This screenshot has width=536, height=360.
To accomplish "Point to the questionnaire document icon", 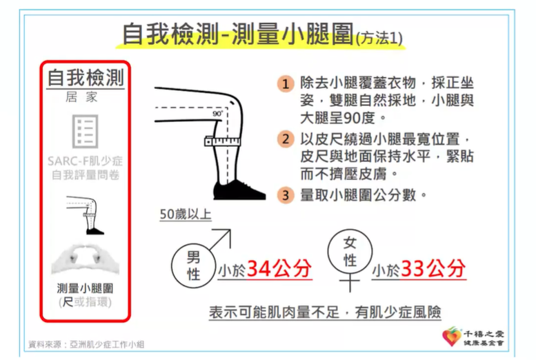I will click(x=86, y=132).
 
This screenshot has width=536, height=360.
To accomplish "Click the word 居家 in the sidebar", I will click(x=86, y=97).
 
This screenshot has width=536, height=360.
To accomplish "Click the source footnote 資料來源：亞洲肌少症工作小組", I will click(x=86, y=343).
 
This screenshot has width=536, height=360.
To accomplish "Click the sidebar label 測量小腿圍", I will click(x=86, y=288).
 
